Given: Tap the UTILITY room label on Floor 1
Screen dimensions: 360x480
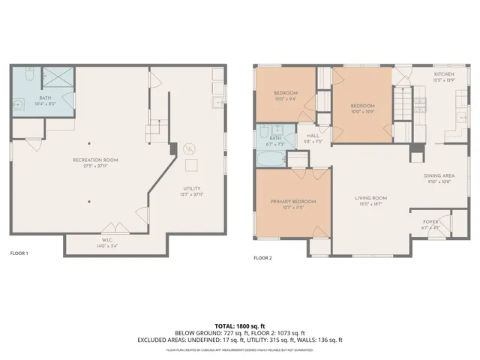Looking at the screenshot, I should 192,189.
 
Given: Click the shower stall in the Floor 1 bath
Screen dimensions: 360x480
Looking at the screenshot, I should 56,77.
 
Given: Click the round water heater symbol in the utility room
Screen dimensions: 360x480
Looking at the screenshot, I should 190,148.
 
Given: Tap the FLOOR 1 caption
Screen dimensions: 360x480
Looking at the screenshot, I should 18,253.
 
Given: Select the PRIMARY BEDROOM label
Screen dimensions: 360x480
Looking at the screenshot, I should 293,201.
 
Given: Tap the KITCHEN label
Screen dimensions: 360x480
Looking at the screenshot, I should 444,75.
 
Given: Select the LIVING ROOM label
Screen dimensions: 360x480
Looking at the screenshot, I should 370,199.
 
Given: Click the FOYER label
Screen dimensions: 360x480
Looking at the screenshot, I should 430,222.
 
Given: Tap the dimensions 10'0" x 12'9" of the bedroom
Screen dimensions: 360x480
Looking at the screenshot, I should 362,112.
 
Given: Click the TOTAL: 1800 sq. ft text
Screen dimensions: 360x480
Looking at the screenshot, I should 239,326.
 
